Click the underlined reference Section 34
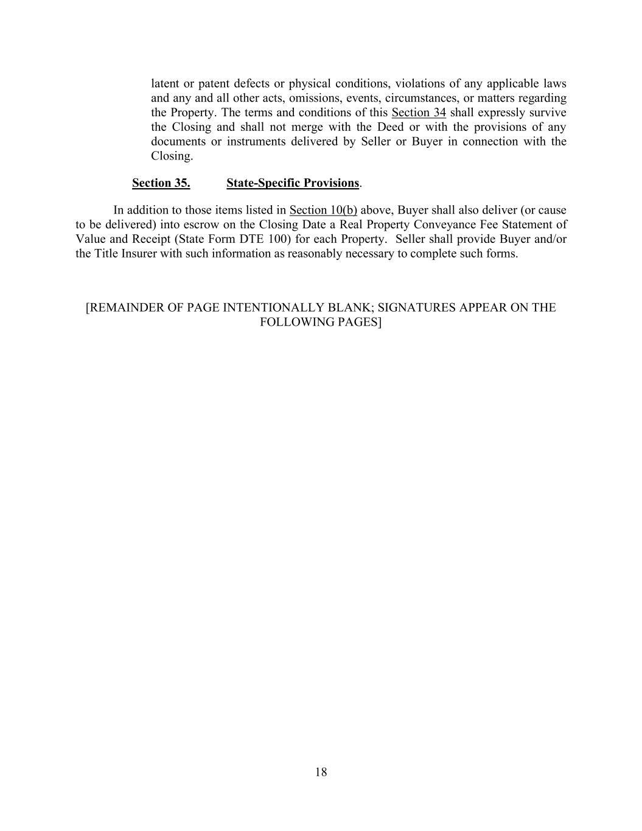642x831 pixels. pos(419,113)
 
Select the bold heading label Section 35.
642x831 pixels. pos(161,183)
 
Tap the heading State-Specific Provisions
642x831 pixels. pos(293,183)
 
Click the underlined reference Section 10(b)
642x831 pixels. pos(323,210)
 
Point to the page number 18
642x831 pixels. pos(321,773)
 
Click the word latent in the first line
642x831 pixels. pos(165,83)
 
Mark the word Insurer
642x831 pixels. pos(139,253)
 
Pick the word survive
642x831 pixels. pos(546,113)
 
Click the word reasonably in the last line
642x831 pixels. pos(314,253)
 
